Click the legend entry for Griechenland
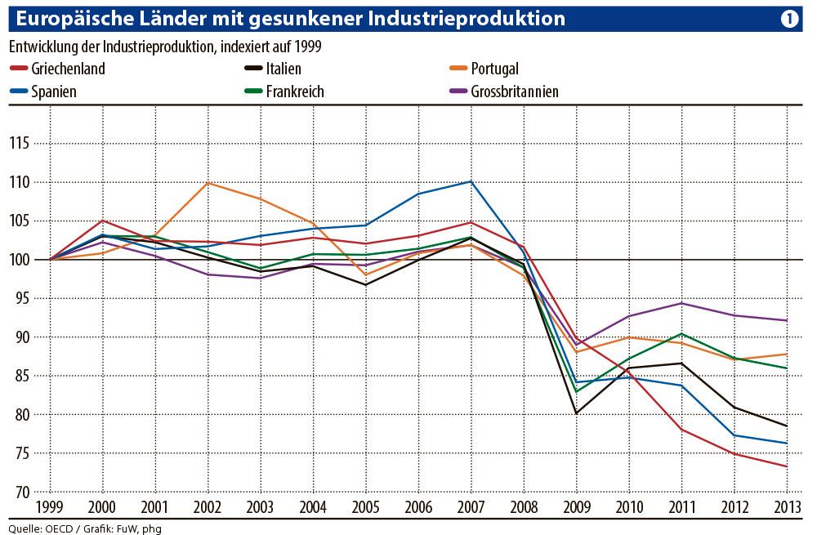[x=68, y=69]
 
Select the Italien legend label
[x=283, y=69]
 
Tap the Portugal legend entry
[x=494, y=69]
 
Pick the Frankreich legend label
[x=295, y=91]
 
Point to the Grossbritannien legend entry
[x=515, y=91]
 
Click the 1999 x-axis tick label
[x=51, y=508]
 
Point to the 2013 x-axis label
[x=787, y=508]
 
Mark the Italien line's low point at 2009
[x=577, y=413]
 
